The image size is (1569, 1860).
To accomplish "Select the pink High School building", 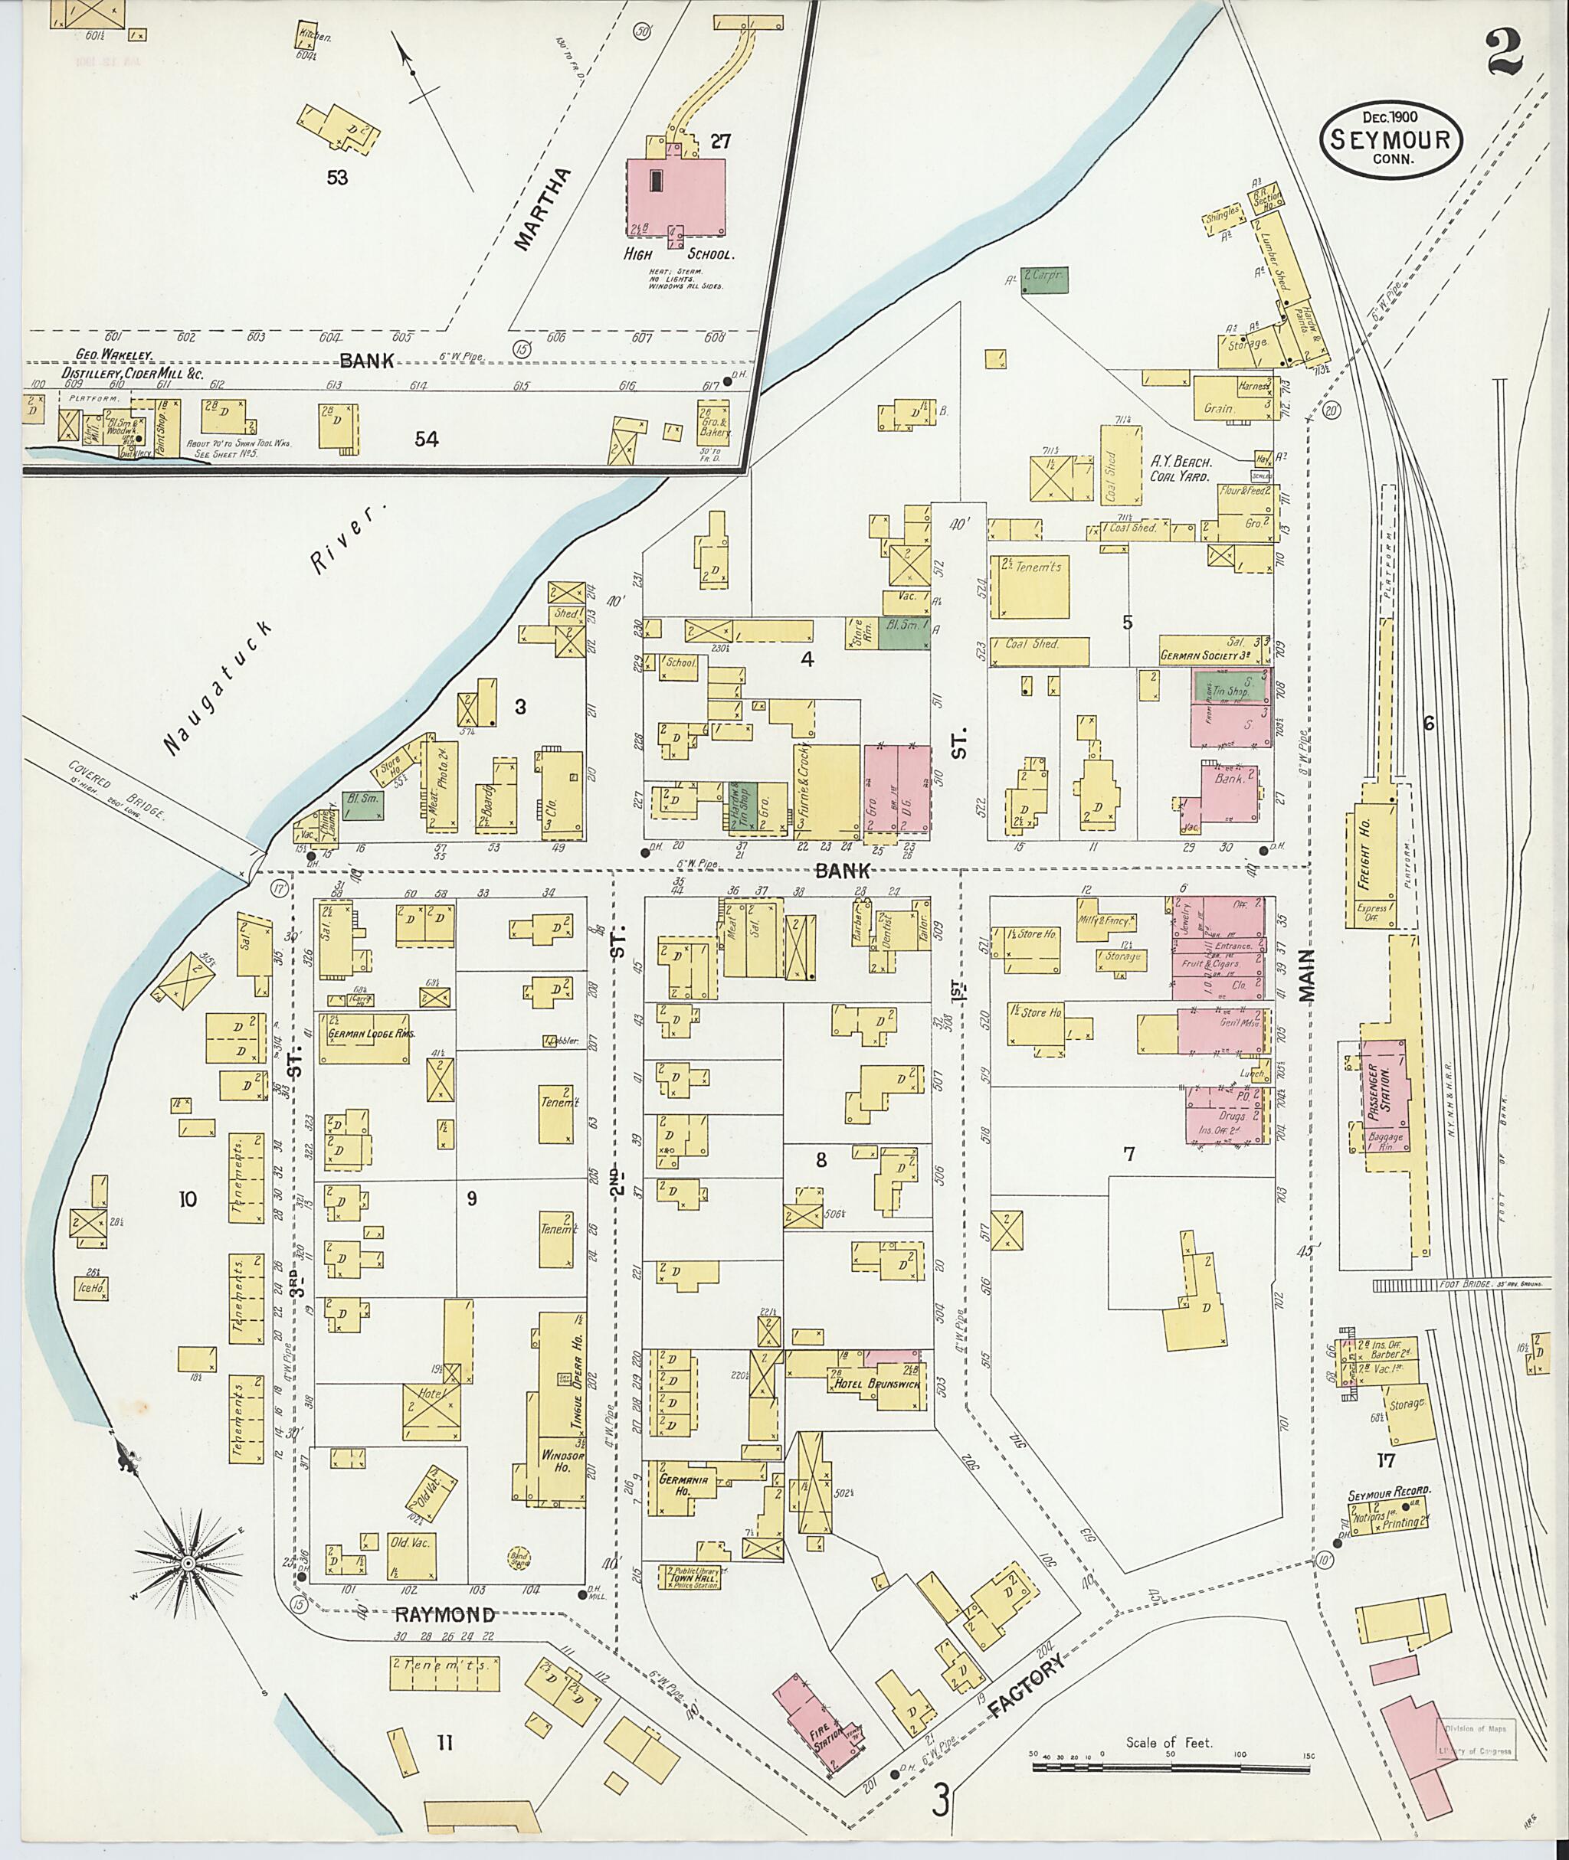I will click(x=676, y=195).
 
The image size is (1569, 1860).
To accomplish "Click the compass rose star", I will click(x=188, y=1562).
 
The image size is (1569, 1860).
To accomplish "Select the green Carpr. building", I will click(x=1044, y=279).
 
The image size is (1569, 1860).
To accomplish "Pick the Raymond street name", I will click(x=444, y=1615).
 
